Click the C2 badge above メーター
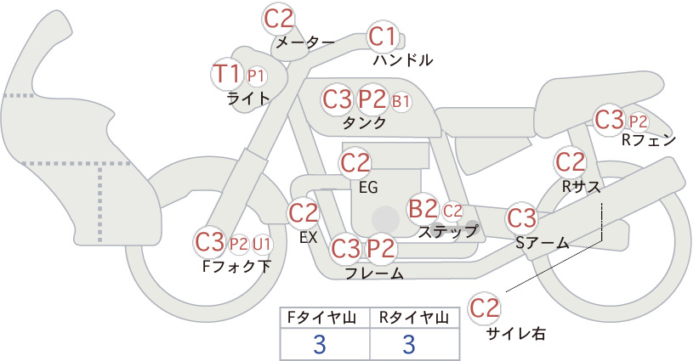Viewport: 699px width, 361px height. tap(279, 18)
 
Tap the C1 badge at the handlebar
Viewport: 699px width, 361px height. tap(383, 37)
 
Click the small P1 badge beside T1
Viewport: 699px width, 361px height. tap(256, 76)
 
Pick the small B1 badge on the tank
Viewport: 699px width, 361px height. tap(401, 101)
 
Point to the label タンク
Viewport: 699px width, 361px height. tap(364, 122)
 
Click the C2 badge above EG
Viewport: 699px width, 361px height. tap(355, 163)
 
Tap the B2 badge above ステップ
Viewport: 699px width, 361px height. tap(423, 208)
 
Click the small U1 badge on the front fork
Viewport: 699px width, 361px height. tap(262, 245)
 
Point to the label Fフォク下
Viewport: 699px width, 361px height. tap(236, 266)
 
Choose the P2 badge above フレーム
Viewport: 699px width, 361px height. tap(381, 248)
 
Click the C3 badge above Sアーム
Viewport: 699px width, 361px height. tap(521, 218)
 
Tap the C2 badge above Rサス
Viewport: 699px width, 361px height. tap(570, 162)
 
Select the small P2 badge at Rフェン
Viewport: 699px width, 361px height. tap(638, 121)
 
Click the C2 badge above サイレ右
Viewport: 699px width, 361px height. tap(484, 307)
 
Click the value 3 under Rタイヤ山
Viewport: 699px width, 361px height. tap(409, 344)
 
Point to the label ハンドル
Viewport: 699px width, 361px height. tap(403, 60)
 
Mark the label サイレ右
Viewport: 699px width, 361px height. tap(515, 334)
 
